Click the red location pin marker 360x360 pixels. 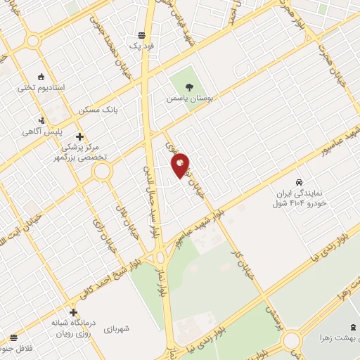tap(181, 165)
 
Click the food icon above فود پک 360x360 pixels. tap(141, 34)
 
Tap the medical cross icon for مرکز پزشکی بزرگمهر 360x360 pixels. tap(79, 136)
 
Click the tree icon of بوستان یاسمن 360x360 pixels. tap(189, 87)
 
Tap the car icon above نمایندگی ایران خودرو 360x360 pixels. tap(300, 181)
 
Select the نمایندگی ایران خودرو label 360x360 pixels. tap(297, 197)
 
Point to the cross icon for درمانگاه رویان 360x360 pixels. tap(72, 312)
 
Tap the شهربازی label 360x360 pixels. tap(117, 328)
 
